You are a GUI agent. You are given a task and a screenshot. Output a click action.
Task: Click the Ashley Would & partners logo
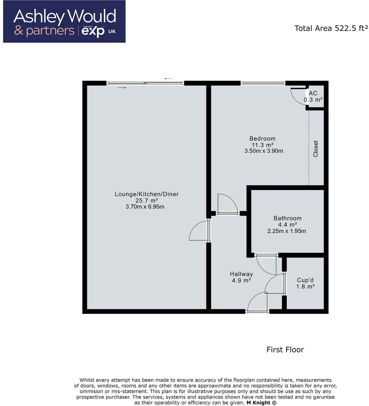(x=64, y=22)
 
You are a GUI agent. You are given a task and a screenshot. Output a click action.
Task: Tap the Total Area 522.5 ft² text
(x=331, y=28)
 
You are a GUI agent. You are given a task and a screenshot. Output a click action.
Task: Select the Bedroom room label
(x=262, y=139)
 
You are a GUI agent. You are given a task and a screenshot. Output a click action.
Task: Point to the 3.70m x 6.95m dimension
(x=145, y=207)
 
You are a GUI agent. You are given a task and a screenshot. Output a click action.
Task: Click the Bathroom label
(x=287, y=218)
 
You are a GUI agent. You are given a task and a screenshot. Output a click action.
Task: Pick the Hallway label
(x=241, y=274)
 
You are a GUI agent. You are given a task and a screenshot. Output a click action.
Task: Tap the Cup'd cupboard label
(x=305, y=280)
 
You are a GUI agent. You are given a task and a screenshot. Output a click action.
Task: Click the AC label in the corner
(x=313, y=93)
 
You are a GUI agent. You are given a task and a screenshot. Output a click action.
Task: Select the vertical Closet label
(x=316, y=149)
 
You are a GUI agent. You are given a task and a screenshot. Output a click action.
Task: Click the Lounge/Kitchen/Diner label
(x=147, y=194)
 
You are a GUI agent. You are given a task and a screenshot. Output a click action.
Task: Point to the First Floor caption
(x=285, y=350)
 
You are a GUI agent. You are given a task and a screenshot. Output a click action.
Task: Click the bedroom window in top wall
(x=263, y=83)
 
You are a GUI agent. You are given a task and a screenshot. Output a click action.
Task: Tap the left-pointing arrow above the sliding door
(x=168, y=78)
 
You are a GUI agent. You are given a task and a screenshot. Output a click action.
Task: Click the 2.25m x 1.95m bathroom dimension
(x=287, y=231)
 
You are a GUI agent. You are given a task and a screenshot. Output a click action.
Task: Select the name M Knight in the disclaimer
(x=258, y=403)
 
